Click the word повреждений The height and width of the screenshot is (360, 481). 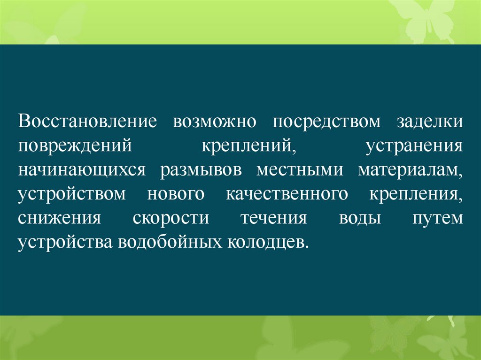(x=74, y=146)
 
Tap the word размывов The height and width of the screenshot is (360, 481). (x=201, y=170)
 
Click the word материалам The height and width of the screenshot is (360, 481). (x=410, y=170)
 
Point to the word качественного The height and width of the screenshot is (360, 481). (x=287, y=194)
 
